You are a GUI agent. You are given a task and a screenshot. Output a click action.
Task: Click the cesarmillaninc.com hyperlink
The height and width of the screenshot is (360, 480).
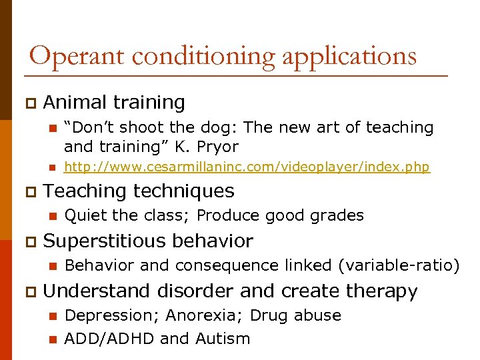click(x=247, y=167)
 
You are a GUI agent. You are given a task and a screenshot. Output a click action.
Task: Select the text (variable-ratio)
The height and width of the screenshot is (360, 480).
click(x=399, y=265)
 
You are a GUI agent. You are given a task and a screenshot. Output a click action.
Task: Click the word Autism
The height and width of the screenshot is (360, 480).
click(x=223, y=339)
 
